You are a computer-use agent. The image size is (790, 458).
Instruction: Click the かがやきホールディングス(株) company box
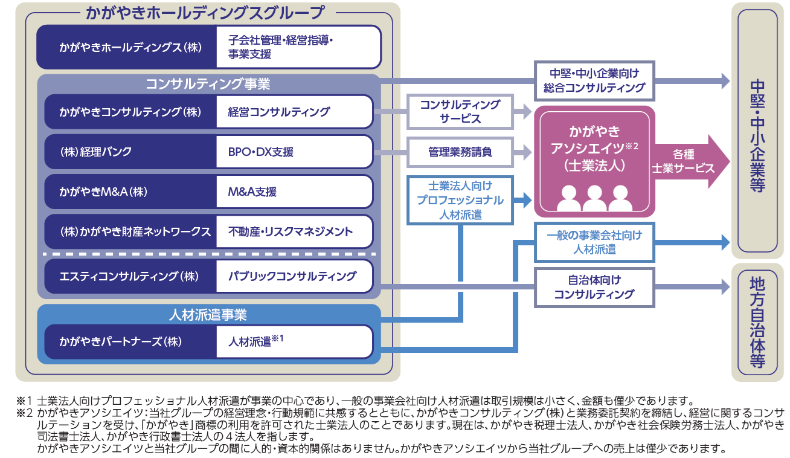click(127, 47)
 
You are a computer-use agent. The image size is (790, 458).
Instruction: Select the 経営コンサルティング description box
click(295, 112)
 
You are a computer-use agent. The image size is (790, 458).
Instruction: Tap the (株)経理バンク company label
click(96, 152)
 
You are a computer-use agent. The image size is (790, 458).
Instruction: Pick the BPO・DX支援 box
click(295, 152)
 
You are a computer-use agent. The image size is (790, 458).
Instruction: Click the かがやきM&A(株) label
click(103, 192)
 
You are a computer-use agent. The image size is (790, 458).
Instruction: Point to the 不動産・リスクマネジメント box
click(295, 231)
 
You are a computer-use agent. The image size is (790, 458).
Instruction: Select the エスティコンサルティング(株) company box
click(130, 276)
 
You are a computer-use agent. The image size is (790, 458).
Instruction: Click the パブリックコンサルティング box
click(295, 276)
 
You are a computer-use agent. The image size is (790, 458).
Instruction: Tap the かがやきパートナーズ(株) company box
click(130, 341)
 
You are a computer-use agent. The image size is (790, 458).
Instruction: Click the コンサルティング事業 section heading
click(208, 84)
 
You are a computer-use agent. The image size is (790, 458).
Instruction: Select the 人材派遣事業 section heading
click(208, 314)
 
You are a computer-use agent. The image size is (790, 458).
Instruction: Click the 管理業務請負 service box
click(460, 152)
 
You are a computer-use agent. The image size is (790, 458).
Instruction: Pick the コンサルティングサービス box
click(460, 112)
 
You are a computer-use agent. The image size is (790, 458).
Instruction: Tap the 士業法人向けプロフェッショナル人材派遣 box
click(460, 200)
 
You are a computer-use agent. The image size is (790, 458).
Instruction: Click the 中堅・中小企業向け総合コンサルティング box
click(594, 81)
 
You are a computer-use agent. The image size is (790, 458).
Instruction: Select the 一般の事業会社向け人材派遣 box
click(594, 242)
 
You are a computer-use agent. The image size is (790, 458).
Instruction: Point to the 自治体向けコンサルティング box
click(594, 287)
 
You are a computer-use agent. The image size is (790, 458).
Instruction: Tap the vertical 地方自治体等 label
click(757, 322)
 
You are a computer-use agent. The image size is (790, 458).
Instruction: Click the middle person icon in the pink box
click(594, 198)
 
